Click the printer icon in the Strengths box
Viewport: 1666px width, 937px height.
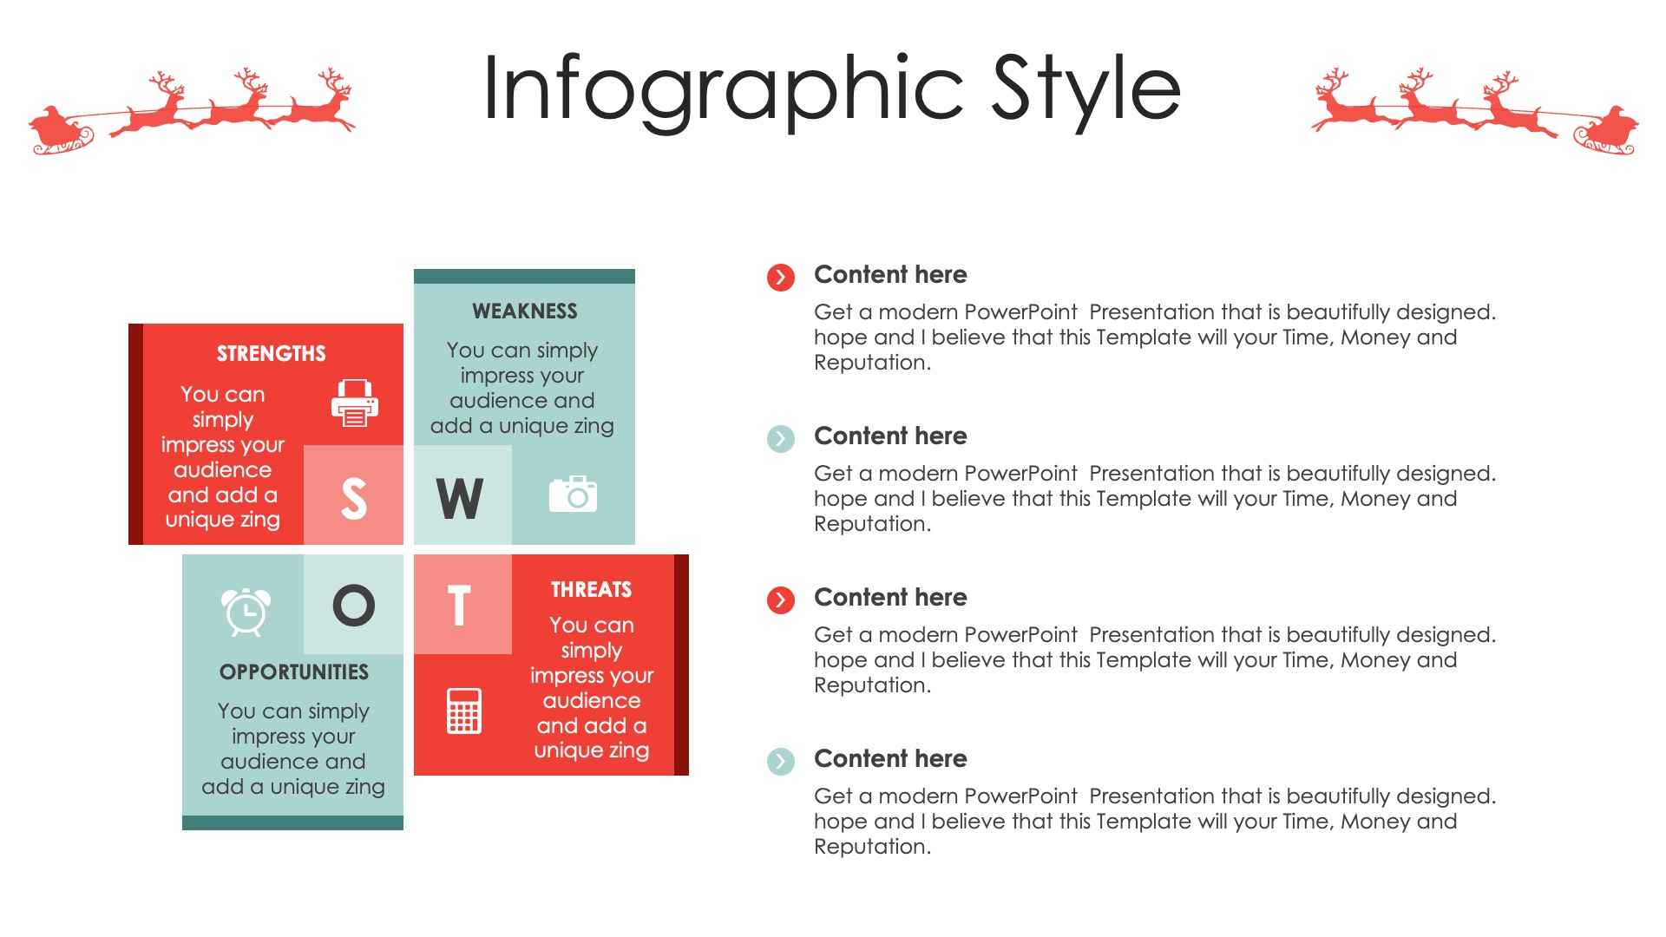coord(355,403)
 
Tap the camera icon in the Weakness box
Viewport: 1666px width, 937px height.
coord(573,494)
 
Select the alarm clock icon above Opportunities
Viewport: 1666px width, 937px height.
coord(246,612)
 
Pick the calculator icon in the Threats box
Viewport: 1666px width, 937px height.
coord(464,711)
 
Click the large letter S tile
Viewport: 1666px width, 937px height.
coord(353,495)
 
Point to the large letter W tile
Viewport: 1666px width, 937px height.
coord(462,495)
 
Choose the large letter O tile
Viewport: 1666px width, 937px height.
coord(353,605)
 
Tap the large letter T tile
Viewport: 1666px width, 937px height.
coord(462,605)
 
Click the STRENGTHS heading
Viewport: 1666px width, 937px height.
coord(271,354)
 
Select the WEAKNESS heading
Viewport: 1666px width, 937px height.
coord(524,311)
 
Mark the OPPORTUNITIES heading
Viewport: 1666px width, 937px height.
coord(293,672)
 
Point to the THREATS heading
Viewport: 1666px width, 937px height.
coord(591,590)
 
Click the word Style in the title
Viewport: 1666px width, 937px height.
coord(1086,88)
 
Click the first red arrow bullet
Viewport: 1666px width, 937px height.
coord(781,278)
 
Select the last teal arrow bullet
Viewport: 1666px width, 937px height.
coord(781,762)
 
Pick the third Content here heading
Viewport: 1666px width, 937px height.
coord(890,598)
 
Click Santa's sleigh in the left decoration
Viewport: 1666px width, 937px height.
coord(61,132)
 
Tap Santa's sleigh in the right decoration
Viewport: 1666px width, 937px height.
coord(1606,132)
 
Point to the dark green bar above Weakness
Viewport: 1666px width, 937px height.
coord(524,277)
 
